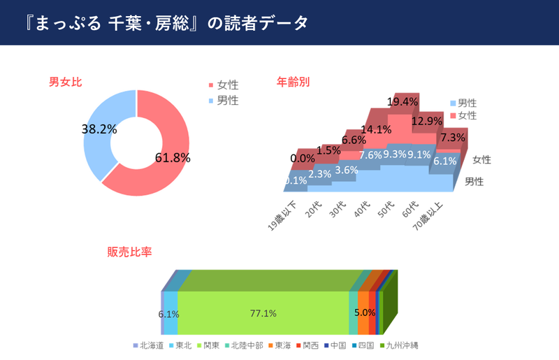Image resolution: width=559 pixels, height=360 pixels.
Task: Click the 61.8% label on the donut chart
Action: coord(172,157)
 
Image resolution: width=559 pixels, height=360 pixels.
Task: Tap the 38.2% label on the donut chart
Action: coord(99,129)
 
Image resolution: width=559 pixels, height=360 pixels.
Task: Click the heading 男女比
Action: coord(66,82)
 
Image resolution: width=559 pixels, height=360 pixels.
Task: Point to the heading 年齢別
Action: coord(293,82)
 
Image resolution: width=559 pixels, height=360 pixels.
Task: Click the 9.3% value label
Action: coord(395,154)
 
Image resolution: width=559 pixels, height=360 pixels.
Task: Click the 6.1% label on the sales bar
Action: coord(169,314)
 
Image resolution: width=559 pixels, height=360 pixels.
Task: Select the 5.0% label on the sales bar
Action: coord(365,312)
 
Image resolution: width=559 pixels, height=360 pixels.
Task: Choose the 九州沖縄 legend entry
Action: coord(402,345)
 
